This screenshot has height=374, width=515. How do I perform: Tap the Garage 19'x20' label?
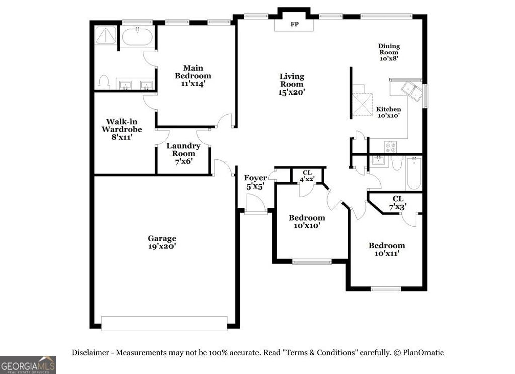162,242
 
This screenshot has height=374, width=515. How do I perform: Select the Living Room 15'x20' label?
292,84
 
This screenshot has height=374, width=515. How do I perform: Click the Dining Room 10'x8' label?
389,52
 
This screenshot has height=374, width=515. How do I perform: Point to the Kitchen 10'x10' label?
389,112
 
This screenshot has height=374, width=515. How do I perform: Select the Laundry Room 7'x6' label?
184,153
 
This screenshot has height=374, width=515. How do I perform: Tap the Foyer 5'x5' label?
255,182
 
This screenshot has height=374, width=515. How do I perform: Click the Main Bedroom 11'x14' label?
193,76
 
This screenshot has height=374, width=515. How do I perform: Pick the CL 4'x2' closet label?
307,176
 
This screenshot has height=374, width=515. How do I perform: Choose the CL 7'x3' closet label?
398,202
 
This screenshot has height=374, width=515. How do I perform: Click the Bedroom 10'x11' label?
387,249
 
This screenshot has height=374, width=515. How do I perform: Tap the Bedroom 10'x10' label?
306,222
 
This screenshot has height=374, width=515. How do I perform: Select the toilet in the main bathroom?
104,83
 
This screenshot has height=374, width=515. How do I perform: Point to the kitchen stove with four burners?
391,146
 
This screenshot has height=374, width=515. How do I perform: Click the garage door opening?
164,323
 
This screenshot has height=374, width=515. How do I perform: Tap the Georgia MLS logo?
28,364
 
